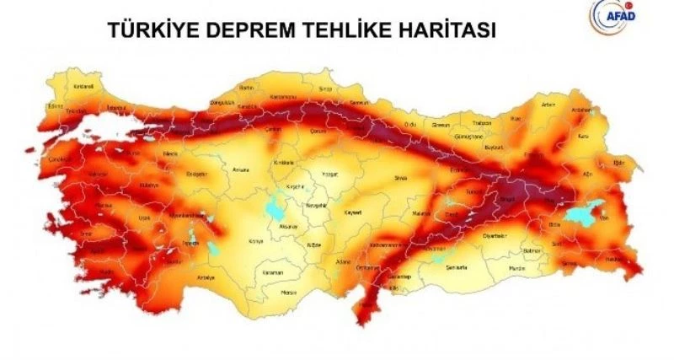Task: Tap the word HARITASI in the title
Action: pyautogui.click(x=447, y=30)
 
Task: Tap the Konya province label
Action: pyautogui.click(x=256, y=241)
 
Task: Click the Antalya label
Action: pyautogui.click(x=205, y=277)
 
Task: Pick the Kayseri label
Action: pyautogui.click(x=352, y=213)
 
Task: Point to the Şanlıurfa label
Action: pyautogui.click(x=456, y=267)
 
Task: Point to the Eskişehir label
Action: pyautogui.click(x=195, y=173)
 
